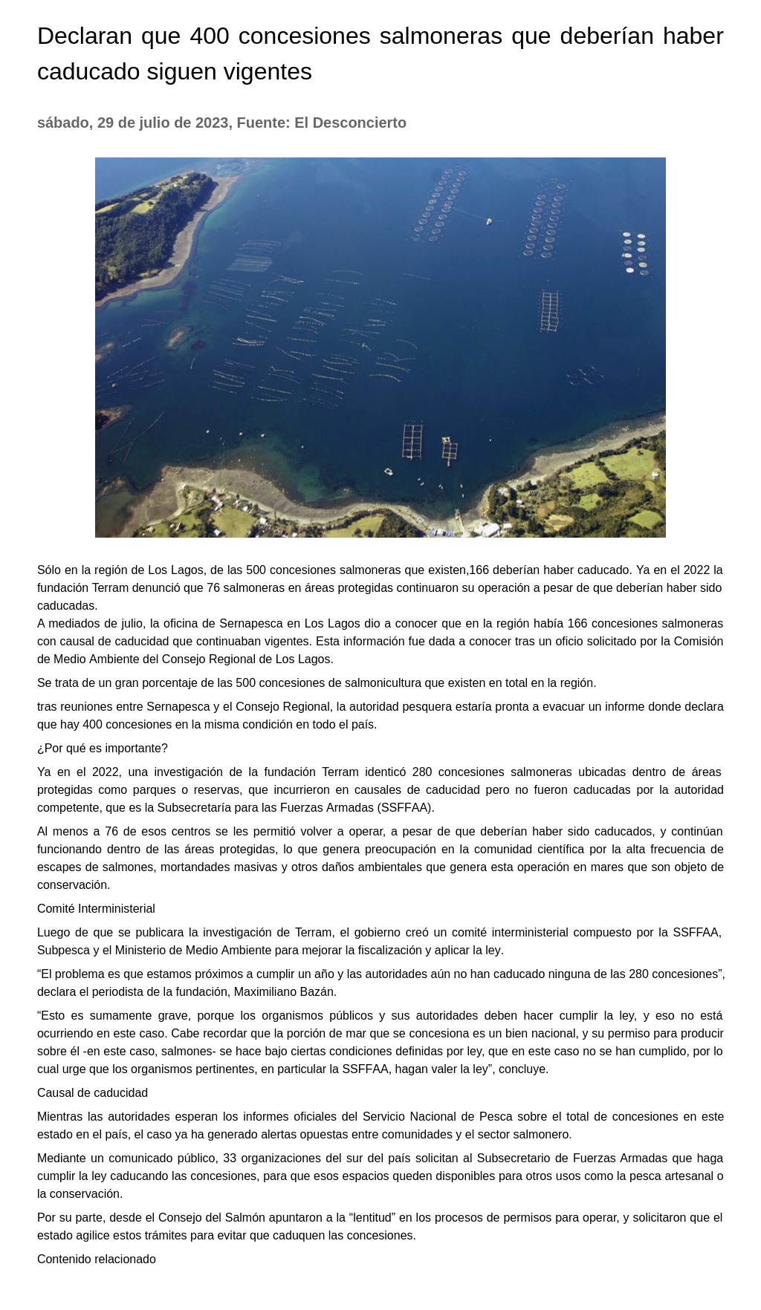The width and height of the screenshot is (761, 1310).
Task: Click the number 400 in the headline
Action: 210,36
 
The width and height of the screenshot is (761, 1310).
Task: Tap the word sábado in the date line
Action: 63,123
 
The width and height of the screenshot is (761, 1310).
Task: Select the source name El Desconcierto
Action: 350,123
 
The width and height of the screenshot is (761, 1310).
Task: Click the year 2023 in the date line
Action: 211,123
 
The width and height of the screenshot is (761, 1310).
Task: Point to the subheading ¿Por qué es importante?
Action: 103,748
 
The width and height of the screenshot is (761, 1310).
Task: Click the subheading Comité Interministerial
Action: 96,908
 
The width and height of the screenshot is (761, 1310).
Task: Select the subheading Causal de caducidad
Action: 92,1092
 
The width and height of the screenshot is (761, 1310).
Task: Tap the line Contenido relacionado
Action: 97,1259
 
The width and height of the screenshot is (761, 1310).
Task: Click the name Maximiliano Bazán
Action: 285,991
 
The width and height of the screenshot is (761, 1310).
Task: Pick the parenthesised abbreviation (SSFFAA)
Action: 406,807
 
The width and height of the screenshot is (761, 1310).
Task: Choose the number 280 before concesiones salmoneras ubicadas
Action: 422,772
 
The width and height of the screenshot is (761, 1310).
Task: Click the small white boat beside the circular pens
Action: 489,221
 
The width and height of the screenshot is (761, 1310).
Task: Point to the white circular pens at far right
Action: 634,252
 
